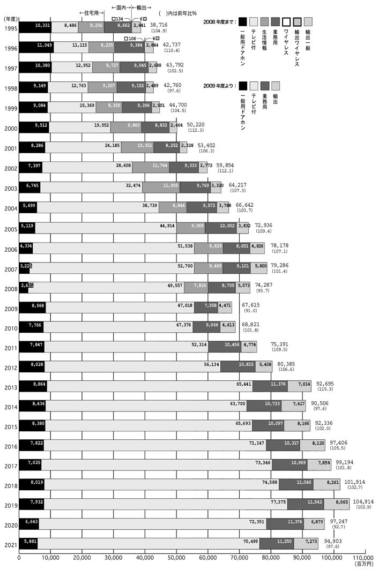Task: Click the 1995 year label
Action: click(10, 28)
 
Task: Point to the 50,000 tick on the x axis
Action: click(176, 557)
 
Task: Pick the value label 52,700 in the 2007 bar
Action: click(185, 264)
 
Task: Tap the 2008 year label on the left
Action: click(10, 289)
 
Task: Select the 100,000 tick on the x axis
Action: click(333, 557)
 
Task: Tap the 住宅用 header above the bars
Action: click(92, 12)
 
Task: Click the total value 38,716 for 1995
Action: click(160, 25)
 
